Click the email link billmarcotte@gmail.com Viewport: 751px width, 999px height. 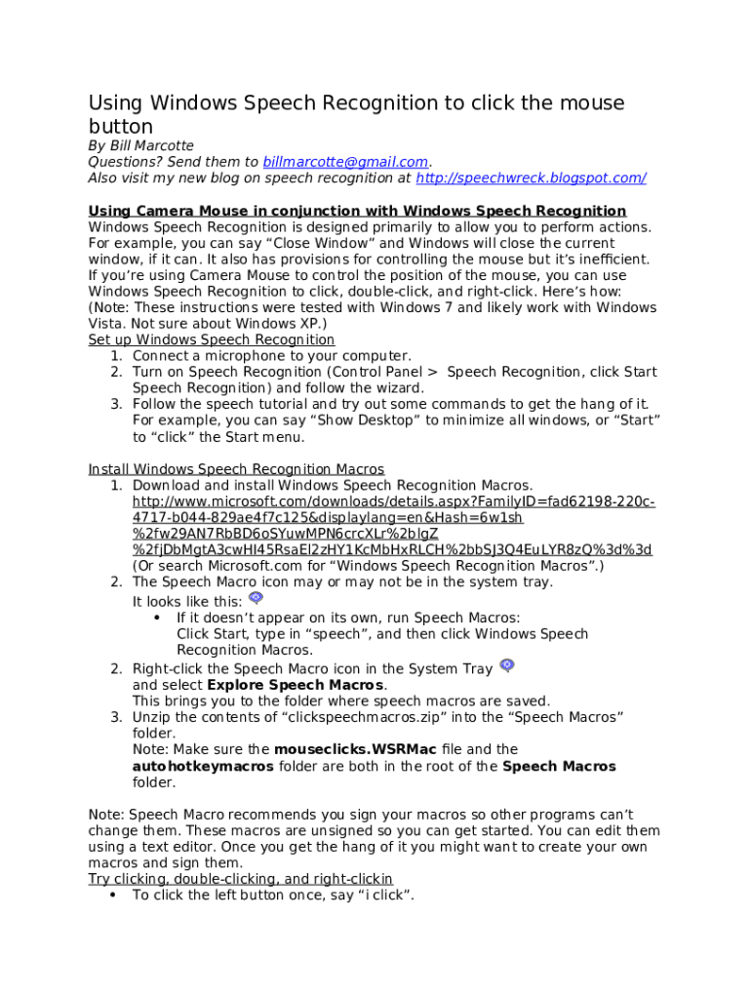[345, 162]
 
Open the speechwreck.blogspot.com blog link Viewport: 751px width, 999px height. [531, 178]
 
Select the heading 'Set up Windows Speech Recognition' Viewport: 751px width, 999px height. [212, 340]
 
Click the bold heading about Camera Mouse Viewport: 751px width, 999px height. [357, 211]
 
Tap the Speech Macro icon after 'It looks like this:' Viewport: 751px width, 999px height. [256, 598]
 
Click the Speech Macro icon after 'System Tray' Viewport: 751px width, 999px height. [506, 665]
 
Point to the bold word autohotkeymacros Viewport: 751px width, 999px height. [203, 766]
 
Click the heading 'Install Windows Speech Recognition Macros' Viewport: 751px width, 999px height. [236, 469]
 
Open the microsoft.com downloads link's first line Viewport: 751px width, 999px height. [393, 501]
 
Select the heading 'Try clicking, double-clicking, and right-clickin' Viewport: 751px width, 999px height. [241, 879]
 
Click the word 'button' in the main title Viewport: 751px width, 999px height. [121, 127]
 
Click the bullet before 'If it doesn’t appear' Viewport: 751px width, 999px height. [158, 619]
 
